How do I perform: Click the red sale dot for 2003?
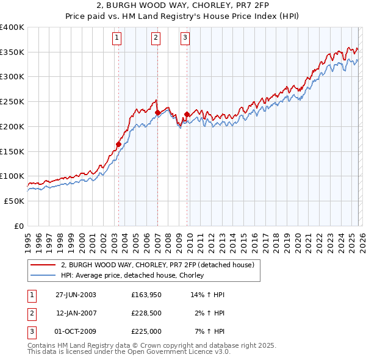pos(118,145)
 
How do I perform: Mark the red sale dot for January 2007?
pos(157,112)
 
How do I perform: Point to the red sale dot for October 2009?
pos(187,114)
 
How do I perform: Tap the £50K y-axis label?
pos(15,201)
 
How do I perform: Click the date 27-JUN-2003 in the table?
pos(76,295)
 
